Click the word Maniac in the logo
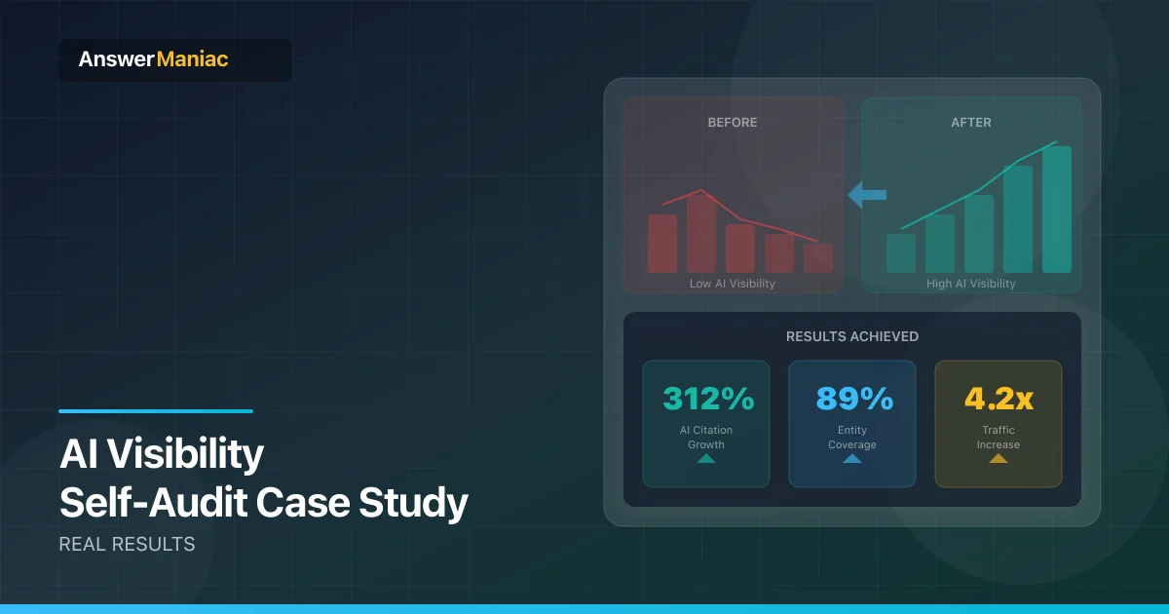coord(192,59)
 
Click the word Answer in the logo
coord(116,59)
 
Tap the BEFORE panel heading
coord(733,122)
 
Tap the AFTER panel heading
coord(970,122)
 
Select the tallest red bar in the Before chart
coord(700,232)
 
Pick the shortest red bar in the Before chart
coord(817,258)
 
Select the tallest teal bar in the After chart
coord(1057,210)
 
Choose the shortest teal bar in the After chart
coord(901,253)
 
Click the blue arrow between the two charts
coord(867,195)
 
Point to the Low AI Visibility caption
coord(733,284)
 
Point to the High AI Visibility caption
coord(970,284)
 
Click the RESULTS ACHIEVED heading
coord(852,336)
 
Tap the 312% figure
coord(708,399)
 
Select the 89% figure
coord(854,399)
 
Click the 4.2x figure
coord(999,399)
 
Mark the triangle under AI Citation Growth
coord(706,459)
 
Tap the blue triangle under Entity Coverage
coord(852,459)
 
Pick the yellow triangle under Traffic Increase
coord(999,459)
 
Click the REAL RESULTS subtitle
coord(127,544)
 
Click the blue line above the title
coord(156,411)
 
